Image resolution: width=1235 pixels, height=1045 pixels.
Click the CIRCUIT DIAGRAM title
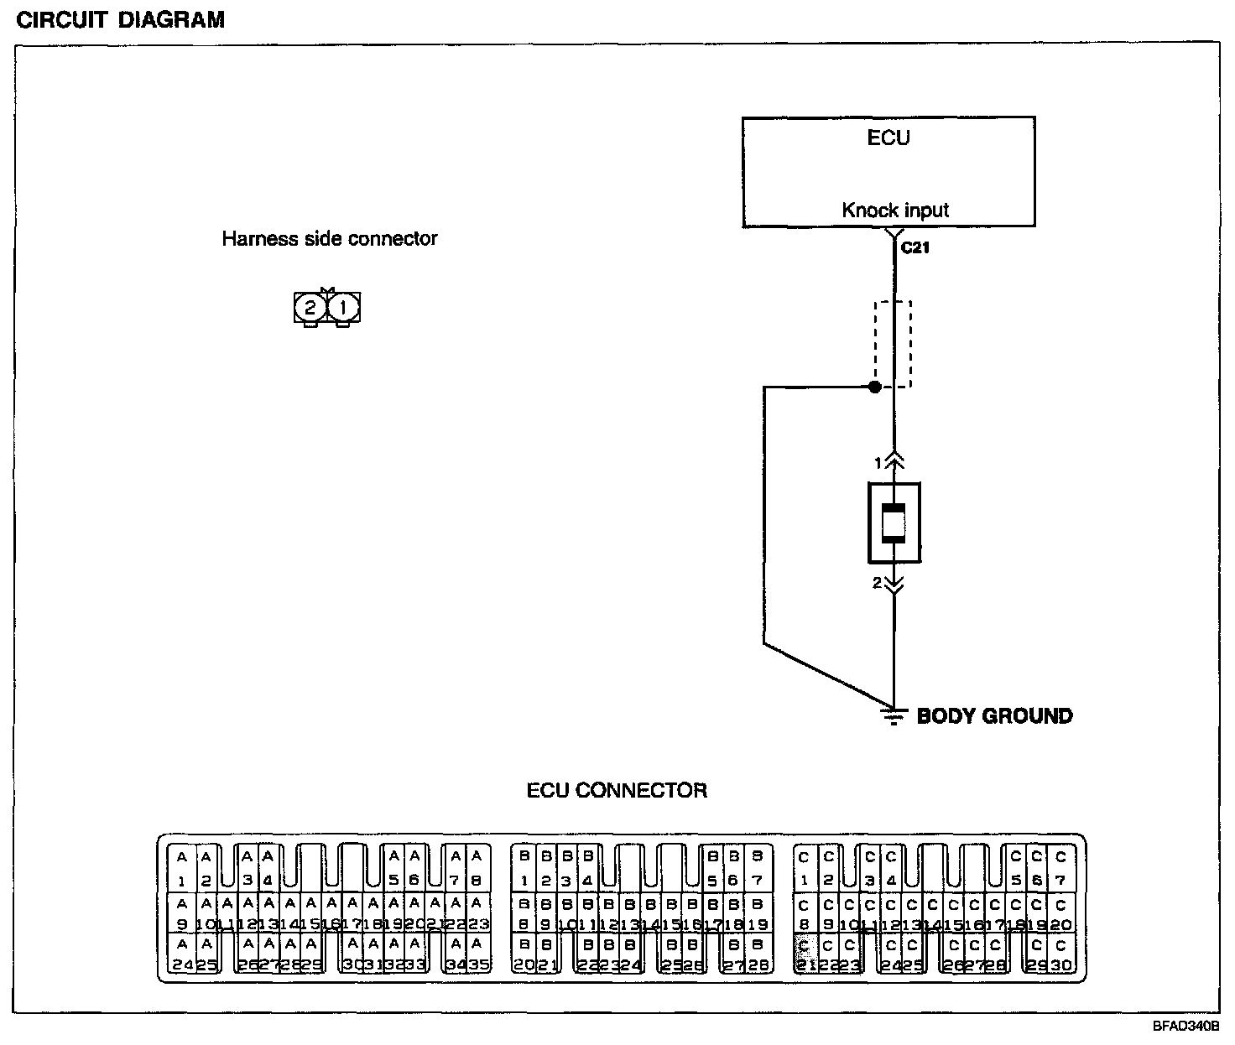(x=121, y=19)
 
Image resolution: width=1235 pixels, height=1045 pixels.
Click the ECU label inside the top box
(x=888, y=138)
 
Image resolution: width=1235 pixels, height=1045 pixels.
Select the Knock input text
(x=895, y=210)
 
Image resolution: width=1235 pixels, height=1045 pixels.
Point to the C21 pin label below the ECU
(x=915, y=249)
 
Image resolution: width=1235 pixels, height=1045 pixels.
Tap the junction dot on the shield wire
(x=874, y=387)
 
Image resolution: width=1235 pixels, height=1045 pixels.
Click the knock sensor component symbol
(x=894, y=523)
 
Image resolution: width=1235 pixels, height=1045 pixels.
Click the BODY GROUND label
(x=994, y=715)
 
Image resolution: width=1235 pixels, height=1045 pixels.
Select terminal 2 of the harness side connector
(x=310, y=308)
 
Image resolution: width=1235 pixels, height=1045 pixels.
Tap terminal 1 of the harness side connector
(x=343, y=308)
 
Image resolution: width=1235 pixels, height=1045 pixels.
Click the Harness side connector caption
(x=329, y=239)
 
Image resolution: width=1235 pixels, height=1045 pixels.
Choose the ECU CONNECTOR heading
(x=617, y=790)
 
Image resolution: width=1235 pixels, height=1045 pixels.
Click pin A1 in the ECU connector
(x=182, y=869)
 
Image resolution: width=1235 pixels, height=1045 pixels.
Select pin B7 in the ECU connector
(x=757, y=869)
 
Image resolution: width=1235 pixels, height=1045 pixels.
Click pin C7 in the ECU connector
(x=1061, y=869)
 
